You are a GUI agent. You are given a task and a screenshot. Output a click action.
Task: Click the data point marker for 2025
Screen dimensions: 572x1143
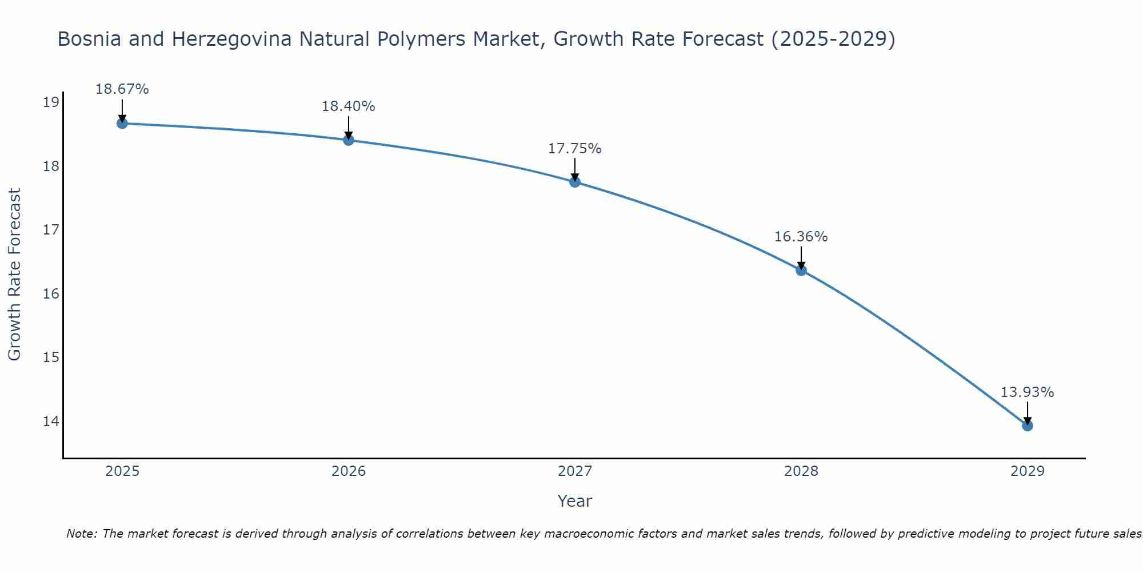[x=122, y=124]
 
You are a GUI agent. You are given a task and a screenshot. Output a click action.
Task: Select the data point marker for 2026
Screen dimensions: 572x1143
[x=349, y=140]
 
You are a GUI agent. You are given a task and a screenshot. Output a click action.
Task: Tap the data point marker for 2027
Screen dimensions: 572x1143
[x=575, y=182]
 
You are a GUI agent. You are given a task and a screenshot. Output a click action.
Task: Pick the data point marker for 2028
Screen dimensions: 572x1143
[x=801, y=271]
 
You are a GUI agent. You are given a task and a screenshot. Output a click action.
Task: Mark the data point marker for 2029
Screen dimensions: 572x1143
[x=1027, y=426]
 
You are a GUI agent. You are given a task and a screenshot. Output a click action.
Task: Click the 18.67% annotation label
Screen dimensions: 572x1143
[x=122, y=89]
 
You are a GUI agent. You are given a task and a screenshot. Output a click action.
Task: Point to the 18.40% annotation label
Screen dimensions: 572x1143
[x=348, y=106]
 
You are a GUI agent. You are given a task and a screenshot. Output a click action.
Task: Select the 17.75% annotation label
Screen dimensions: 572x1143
[x=574, y=149]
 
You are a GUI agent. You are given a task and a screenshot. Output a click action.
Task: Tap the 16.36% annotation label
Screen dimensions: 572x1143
[x=801, y=237]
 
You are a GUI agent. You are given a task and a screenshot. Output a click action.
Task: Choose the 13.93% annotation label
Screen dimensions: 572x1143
[x=1027, y=392]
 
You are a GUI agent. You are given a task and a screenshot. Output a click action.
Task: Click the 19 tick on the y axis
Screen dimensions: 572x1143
[x=51, y=103]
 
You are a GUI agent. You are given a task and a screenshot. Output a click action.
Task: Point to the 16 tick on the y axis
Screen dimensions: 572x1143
[x=51, y=294]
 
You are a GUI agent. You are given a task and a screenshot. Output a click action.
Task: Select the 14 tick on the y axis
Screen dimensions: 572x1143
[x=51, y=422]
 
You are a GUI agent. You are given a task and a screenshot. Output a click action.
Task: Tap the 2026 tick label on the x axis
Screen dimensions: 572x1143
[x=349, y=471]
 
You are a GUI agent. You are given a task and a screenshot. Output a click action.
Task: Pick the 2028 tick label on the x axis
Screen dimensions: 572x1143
[x=801, y=471]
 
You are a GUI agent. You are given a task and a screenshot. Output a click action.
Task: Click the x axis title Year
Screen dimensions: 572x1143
[x=574, y=501]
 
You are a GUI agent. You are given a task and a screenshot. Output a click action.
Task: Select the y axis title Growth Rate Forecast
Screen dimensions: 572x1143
[x=15, y=274]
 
